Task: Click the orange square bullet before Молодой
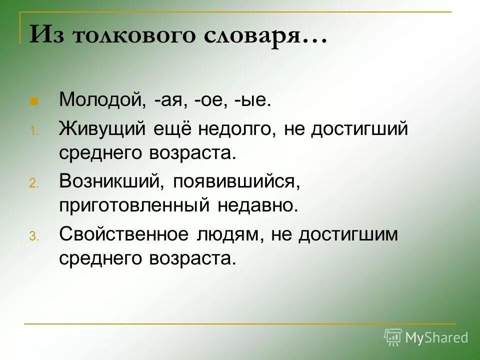[x=34, y=100]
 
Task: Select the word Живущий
[x=102, y=129]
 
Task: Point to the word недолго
[x=238, y=129]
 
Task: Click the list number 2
[x=33, y=184]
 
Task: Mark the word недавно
[x=257, y=205]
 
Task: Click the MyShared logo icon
[x=393, y=337]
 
